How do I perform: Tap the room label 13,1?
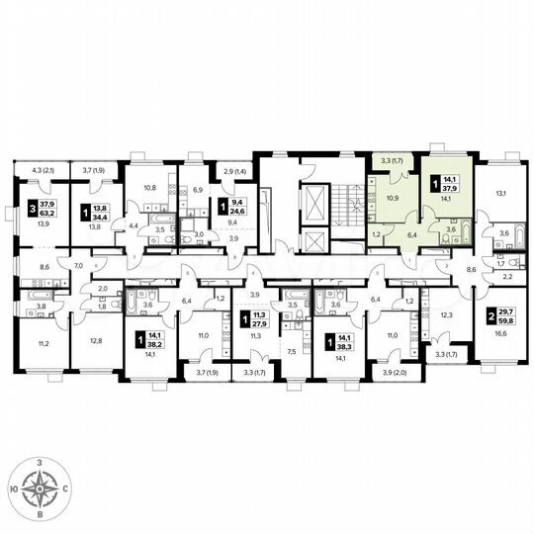[x=501, y=194]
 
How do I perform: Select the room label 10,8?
[x=150, y=188]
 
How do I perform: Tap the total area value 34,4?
[x=99, y=211]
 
